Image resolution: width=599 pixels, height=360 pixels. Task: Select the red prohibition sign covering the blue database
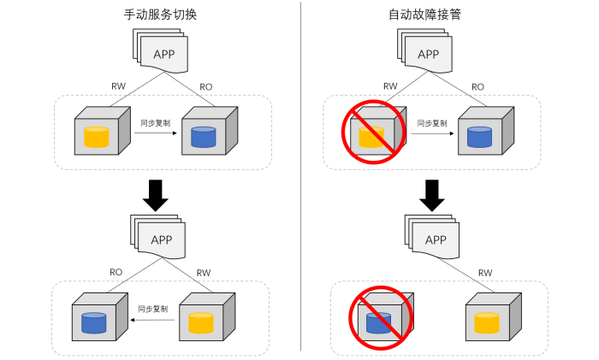(380, 317)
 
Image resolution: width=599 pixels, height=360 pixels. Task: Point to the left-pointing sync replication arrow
(154, 321)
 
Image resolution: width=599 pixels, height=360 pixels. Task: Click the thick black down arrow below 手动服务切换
(157, 194)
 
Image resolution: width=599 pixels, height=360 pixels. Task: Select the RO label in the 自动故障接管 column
(477, 86)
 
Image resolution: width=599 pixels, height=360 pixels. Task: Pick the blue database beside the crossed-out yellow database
(479, 137)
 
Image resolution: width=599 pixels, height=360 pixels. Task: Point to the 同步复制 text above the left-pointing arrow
(153, 309)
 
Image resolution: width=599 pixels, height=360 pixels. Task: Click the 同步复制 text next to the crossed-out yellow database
(432, 123)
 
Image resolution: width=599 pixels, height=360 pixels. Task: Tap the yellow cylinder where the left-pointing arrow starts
(201, 322)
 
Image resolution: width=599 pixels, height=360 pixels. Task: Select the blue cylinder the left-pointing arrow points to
(93, 322)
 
